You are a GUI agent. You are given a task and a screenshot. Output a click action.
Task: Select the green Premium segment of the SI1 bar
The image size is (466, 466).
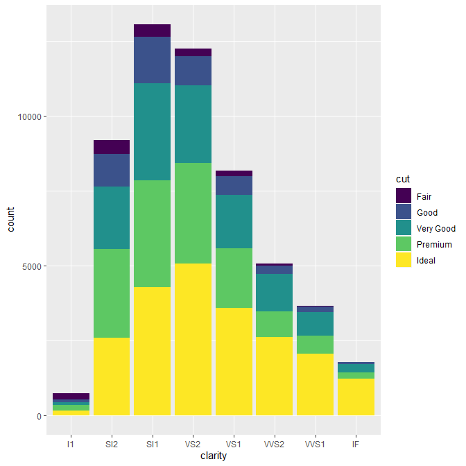pos(152,234)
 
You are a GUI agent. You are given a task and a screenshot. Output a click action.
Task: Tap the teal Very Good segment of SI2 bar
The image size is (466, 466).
pos(112,218)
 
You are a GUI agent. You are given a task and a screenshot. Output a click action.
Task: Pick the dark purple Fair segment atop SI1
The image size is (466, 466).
pos(152,31)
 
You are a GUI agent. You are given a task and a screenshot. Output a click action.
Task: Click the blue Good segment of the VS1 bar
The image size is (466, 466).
pos(234,185)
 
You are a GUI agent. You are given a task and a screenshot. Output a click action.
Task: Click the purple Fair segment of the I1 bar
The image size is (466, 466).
pos(71,396)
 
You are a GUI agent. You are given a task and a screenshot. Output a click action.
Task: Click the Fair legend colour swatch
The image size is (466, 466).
pos(404,196)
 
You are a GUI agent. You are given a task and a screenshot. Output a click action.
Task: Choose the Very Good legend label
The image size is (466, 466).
pos(435,229)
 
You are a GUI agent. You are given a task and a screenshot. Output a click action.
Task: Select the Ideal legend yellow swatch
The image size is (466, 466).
pos(404,260)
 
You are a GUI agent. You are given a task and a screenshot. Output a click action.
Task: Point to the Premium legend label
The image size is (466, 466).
pos(434,245)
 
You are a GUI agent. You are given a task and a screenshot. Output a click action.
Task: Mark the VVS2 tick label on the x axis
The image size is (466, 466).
pos(275,442)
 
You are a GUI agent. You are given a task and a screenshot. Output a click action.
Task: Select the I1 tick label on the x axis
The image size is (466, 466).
pos(71,442)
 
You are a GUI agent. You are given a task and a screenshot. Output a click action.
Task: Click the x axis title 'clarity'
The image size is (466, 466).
pos(214,456)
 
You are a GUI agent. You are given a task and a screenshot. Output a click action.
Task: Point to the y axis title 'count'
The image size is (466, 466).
pos(11,226)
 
